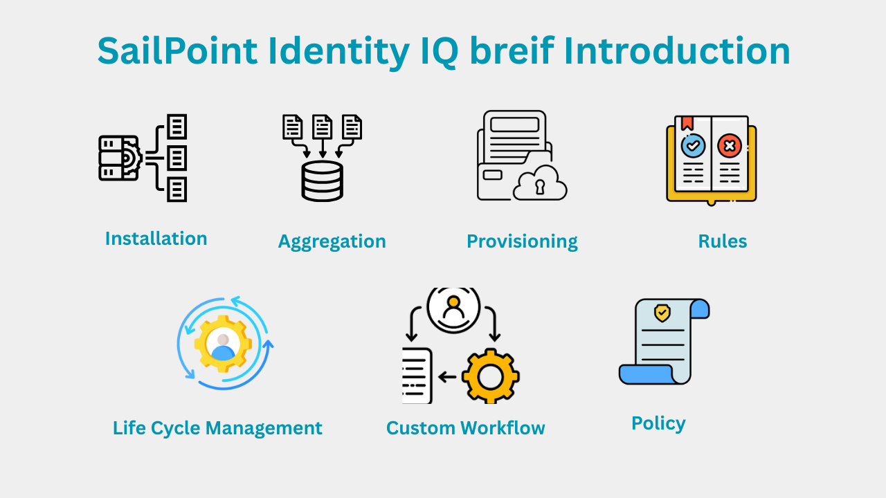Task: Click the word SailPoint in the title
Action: tap(177, 51)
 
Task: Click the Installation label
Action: tap(156, 239)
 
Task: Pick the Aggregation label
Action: tap(332, 241)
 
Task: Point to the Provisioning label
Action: tap(522, 241)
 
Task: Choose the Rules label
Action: tap(722, 241)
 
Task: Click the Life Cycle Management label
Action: tap(217, 428)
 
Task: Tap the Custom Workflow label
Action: tap(465, 428)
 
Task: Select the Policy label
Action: tap(658, 423)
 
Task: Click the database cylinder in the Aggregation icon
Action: tap(322, 181)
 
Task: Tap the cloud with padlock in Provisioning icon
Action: tap(540, 183)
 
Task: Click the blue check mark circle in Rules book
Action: tap(693, 146)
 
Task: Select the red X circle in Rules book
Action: tap(729, 146)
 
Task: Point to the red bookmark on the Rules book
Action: tap(687, 123)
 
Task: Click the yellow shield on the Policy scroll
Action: tap(662, 313)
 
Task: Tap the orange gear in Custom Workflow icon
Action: tap(490, 376)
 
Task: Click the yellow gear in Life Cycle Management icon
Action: tap(222, 344)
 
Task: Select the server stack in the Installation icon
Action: tap(119, 158)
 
